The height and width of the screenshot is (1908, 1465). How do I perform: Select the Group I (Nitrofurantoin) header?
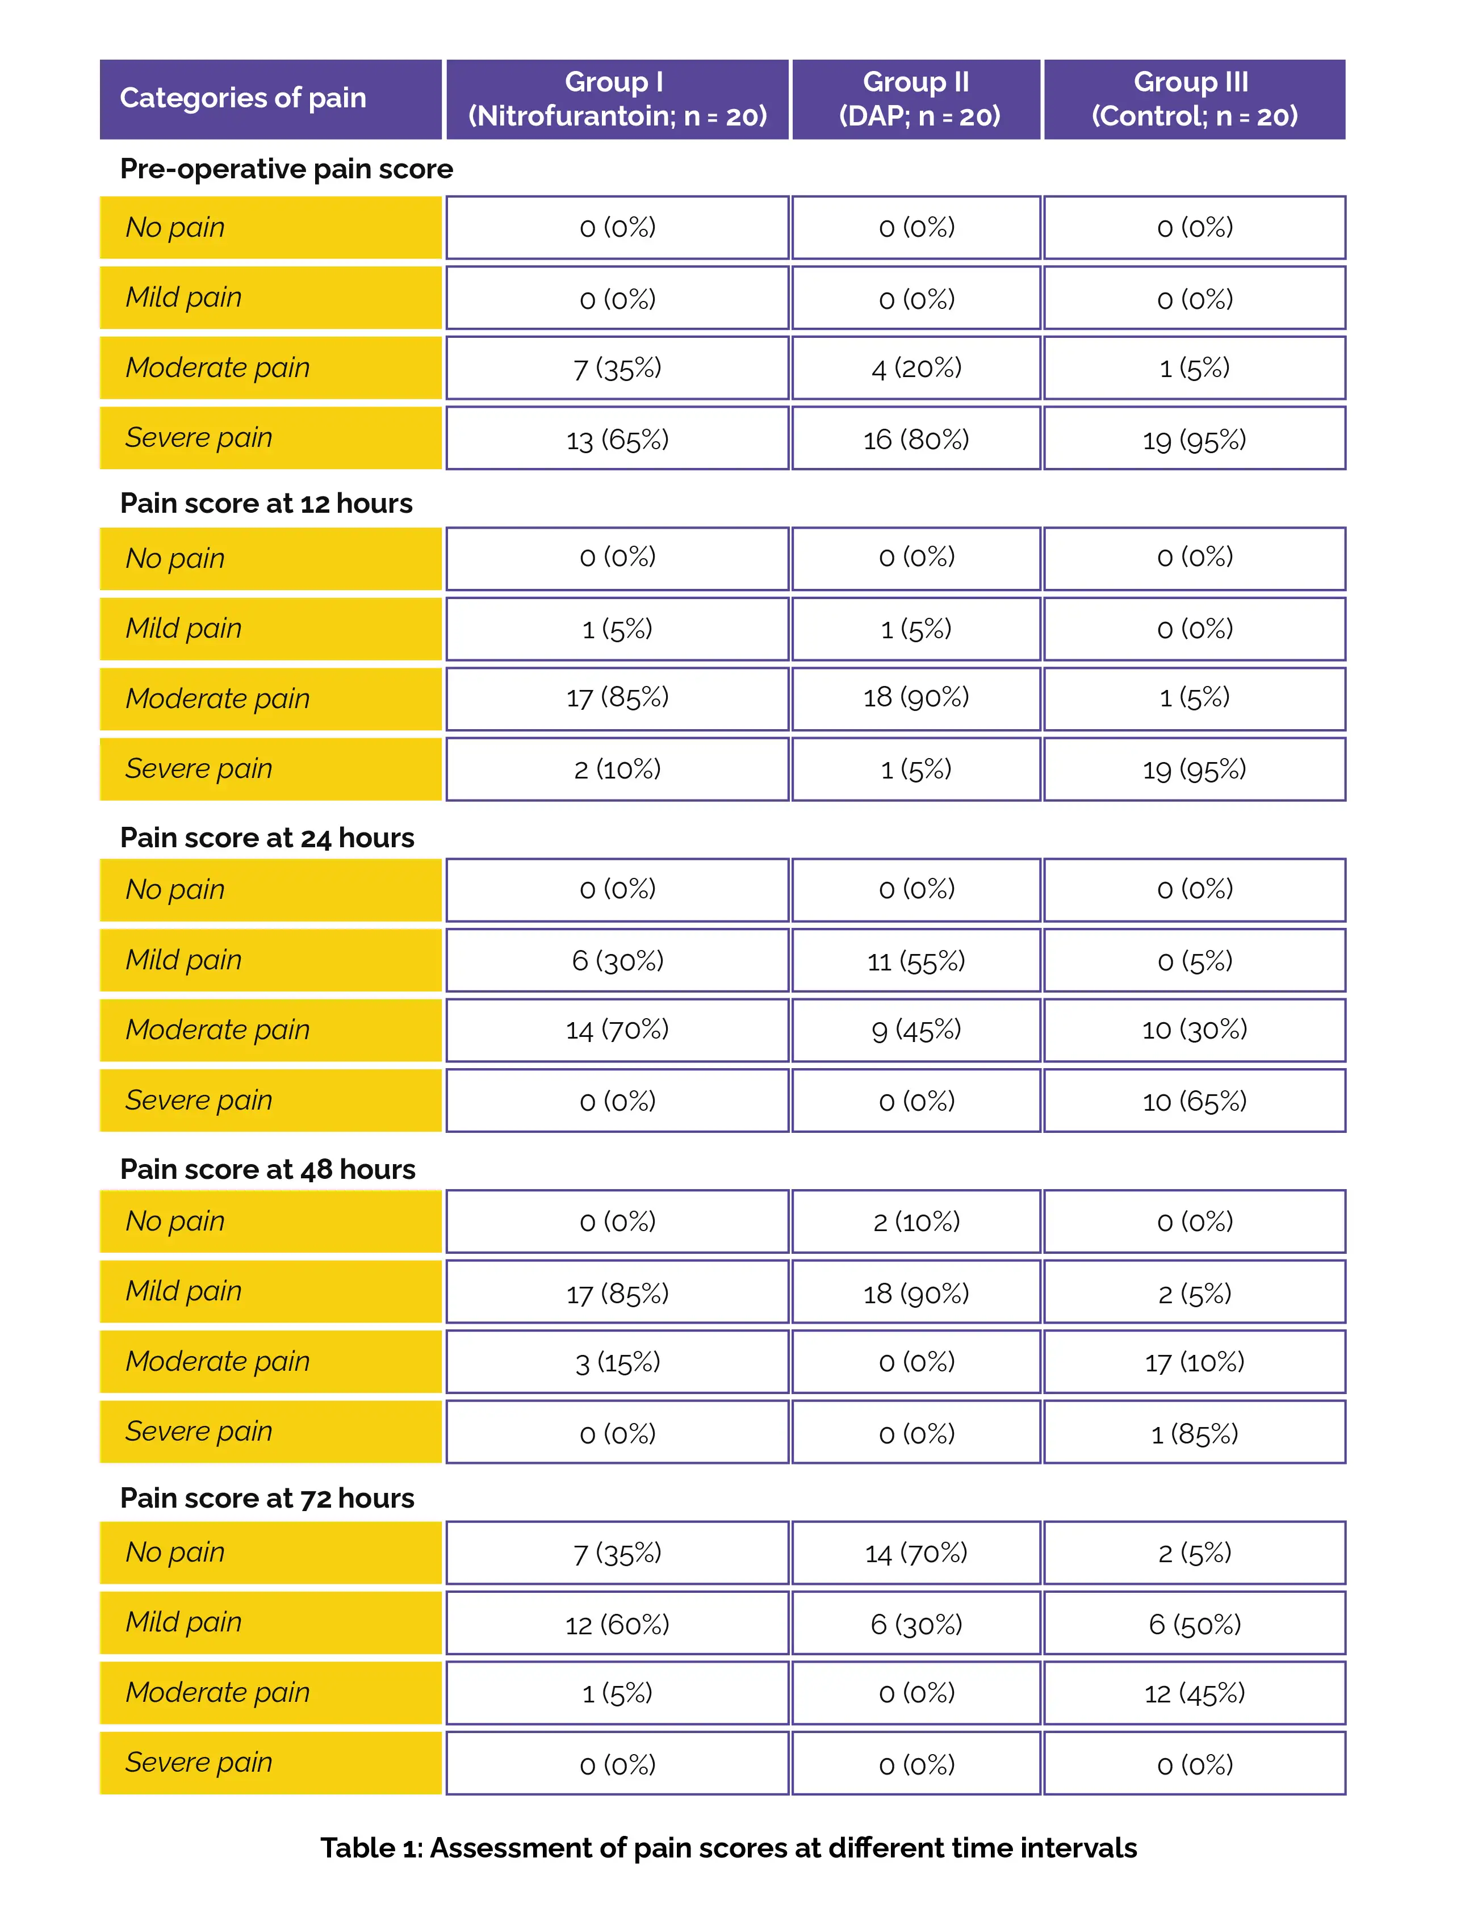point(617,99)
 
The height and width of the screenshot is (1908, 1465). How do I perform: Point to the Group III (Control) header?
point(1194,99)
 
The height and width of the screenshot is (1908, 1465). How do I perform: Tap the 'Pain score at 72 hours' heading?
point(267,1497)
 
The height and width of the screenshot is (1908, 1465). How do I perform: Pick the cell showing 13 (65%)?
point(617,438)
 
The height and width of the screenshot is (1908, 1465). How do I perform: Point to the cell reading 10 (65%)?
point(1194,1101)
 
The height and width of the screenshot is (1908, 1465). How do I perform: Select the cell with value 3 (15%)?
point(617,1361)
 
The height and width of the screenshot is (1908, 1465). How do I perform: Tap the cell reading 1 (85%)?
point(1194,1433)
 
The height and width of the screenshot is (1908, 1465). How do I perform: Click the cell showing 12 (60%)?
point(617,1624)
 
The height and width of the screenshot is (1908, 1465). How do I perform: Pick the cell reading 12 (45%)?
point(1194,1693)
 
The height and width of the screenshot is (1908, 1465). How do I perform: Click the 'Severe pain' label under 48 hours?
point(199,1431)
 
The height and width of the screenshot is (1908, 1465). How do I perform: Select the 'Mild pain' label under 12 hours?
point(183,628)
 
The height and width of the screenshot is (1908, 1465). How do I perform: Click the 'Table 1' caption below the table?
point(728,1847)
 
